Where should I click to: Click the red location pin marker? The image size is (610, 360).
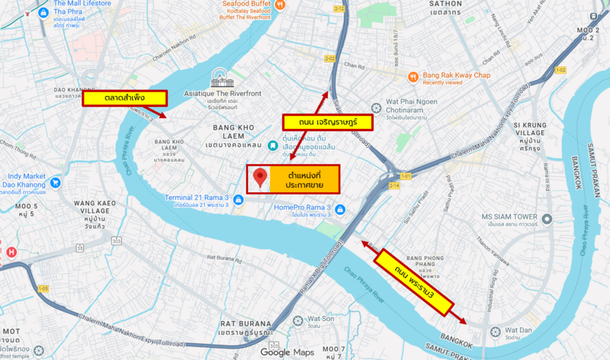click(261, 178)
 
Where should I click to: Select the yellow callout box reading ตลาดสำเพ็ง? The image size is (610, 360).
click(125, 98)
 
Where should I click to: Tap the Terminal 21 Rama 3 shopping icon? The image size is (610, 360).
click(239, 200)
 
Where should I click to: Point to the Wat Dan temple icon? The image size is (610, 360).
click(496, 332)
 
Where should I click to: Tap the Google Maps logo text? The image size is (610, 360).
click(287, 352)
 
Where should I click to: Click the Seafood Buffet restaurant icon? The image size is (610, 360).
click(281, 5)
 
